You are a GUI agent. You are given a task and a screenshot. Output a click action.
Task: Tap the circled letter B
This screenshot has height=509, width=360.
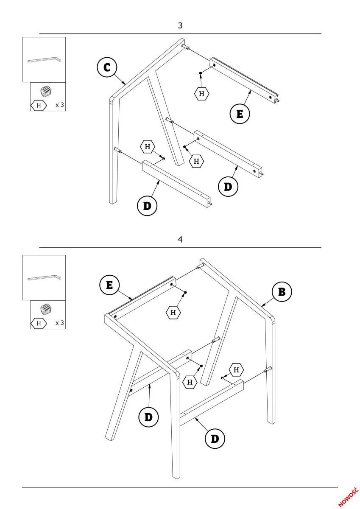coord(282,292)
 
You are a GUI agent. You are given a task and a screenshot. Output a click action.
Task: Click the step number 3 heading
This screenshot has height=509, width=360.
coord(180,26)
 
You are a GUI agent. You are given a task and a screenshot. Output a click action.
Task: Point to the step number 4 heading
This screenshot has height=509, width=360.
coord(180,240)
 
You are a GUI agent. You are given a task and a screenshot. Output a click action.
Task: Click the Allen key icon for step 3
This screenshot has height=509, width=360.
coord(44,60)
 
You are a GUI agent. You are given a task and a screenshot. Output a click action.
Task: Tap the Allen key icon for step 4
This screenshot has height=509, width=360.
coord(44,278)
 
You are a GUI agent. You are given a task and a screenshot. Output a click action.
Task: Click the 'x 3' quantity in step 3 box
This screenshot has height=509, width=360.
coord(60,105)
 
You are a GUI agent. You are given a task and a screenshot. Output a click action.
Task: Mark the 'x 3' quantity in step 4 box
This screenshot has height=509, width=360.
coord(60,323)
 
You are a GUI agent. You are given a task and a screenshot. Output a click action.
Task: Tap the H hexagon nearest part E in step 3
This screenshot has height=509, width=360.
coord(201,94)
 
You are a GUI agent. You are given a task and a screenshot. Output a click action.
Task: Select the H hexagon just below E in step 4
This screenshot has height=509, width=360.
coord(173,313)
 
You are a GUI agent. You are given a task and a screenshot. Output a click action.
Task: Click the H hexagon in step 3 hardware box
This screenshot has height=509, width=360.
coord(39,105)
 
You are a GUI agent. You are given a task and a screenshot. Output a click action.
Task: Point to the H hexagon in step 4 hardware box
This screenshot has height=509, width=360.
coord(39,323)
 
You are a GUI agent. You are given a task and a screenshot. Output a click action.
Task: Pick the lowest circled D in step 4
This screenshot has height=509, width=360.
coord(215,438)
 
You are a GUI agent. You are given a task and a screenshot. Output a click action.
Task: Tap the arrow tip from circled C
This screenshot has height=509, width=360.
coord(126,84)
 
